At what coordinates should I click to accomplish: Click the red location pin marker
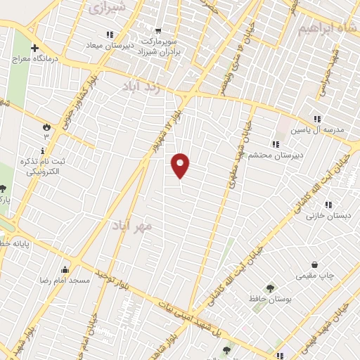pyautogui.click(x=181, y=165)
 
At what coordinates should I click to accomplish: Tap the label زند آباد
pyautogui.click(x=151, y=86)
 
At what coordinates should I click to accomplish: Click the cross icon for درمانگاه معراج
pyautogui.click(x=34, y=49)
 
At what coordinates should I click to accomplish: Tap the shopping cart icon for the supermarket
pyautogui.click(x=157, y=30)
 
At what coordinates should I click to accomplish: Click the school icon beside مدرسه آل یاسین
pyautogui.click(x=317, y=119)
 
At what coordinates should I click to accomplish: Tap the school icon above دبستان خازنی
pyautogui.click(x=328, y=204)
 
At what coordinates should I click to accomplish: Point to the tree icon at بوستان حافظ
pyautogui.click(x=270, y=288)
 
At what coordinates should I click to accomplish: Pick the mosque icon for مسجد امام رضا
pyautogui.click(x=65, y=269)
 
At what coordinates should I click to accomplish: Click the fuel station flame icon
pyautogui.click(x=47, y=127)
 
